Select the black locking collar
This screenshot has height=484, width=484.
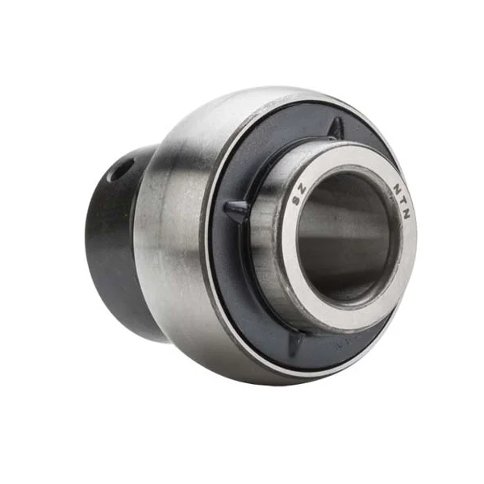[x=113, y=242]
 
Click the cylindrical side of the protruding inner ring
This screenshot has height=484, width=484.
[x=266, y=258]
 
